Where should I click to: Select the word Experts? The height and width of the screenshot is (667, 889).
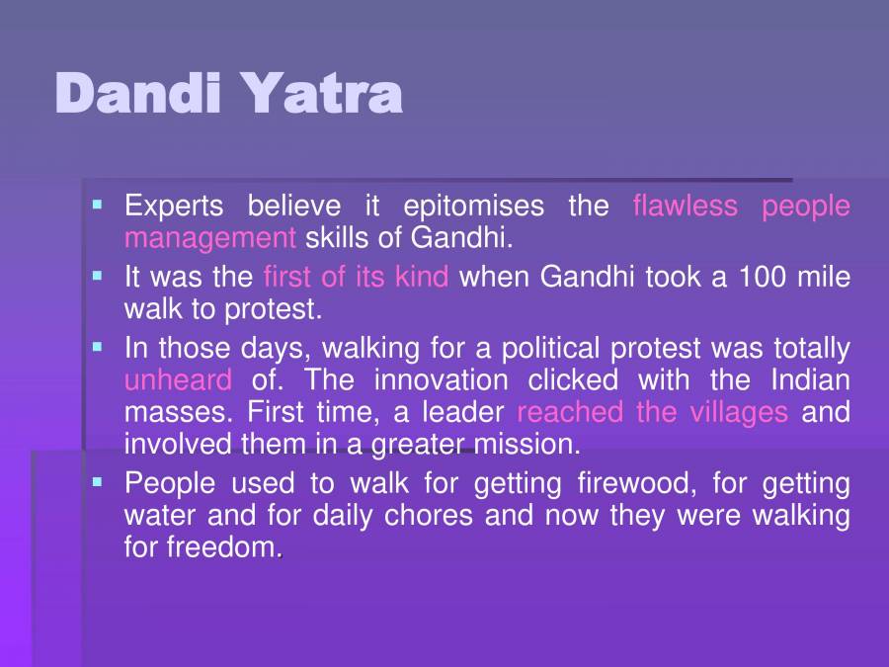pyautogui.click(x=174, y=207)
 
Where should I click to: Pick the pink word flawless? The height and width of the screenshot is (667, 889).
pyautogui.click(x=685, y=207)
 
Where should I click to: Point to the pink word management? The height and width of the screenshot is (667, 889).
pyautogui.click(x=209, y=237)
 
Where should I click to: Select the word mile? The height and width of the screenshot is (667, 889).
pyautogui.click(x=825, y=277)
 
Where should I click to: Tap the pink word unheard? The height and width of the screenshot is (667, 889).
pyautogui.click(x=178, y=379)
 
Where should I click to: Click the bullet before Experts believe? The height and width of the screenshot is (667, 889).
pyautogui.click(x=97, y=206)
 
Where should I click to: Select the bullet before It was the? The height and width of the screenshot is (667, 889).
pyautogui.click(x=97, y=276)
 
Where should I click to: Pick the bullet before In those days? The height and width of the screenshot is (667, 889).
pyautogui.click(x=97, y=348)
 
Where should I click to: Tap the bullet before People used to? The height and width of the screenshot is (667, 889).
pyautogui.click(x=97, y=483)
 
